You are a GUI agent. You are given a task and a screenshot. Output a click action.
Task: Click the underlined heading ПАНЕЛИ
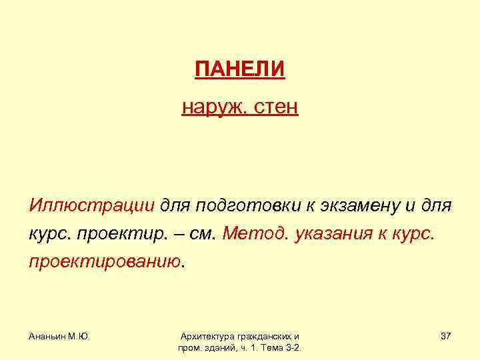pyautogui.click(x=240, y=69)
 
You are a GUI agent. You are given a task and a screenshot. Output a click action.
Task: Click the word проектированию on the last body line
pyautogui.click(x=104, y=262)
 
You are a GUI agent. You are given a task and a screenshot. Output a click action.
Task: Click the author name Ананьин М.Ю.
pyautogui.click(x=60, y=337)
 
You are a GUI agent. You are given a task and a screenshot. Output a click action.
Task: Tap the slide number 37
pyautogui.click(x=446, y=337)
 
